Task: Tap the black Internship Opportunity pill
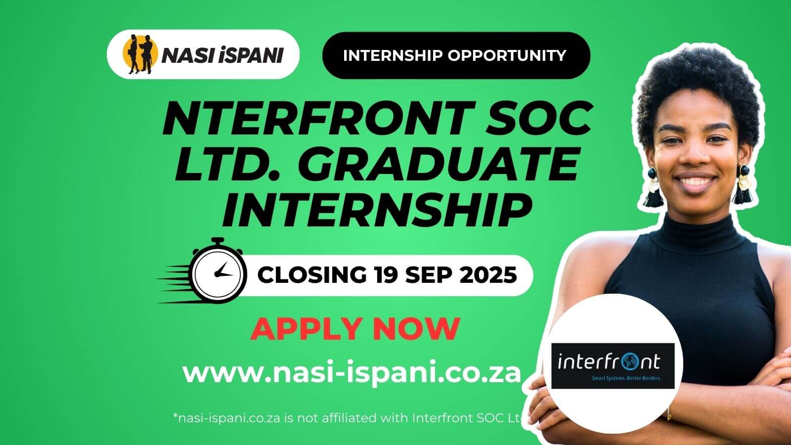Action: pyautogui.click(x=456, y=55)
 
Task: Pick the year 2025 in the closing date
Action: pyautogui.click(x=488, y=275)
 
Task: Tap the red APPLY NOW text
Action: pyautogui.click(x=355, y=329)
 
